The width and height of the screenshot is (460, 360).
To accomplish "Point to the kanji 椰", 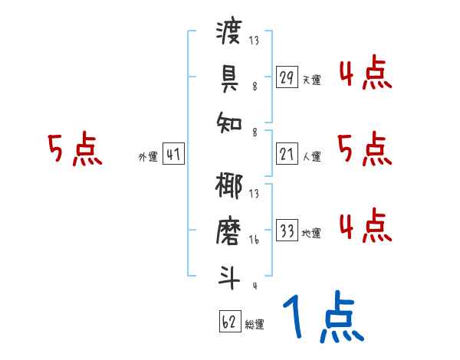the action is (x=230, y=187).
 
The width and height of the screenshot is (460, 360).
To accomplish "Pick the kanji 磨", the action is (x=230, y=231).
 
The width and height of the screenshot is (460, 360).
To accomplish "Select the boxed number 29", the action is (x=287, y=77).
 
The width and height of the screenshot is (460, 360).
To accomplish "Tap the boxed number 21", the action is (x=287, y=155).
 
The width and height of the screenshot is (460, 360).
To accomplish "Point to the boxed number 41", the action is (x=173, y=155).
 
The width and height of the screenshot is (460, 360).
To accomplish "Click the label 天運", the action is (x=311, y=79).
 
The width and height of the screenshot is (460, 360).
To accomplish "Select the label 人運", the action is (x=311, y=157).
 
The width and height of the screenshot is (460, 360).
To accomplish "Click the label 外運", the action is (x=147, y=157).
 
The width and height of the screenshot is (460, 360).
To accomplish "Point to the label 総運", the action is (x=255, y=324).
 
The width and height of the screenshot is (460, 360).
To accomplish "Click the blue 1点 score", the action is (x=322, y=318).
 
